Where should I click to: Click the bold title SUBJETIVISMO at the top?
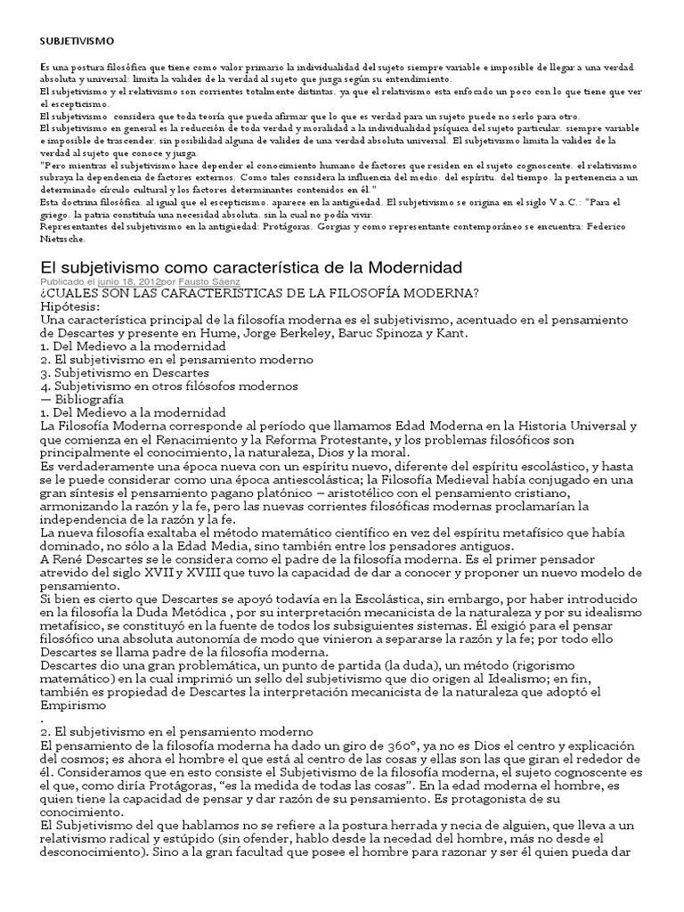pos(77,41)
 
